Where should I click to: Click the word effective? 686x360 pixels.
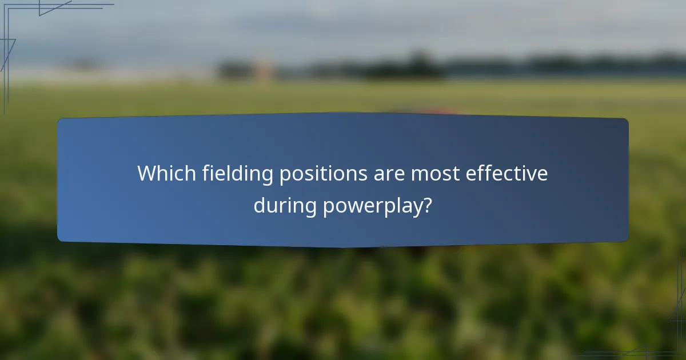[x=506, y=173]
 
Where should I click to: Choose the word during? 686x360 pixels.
[x=285, y=205]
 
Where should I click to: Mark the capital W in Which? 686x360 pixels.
[x=147, y=173]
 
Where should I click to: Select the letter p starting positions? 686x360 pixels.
[x=284, y=176]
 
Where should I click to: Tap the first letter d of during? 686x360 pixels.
[x=260, y=205]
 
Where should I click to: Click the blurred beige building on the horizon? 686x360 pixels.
[x=262, y=69]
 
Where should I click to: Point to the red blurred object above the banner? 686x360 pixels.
[x=426, y=110]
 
